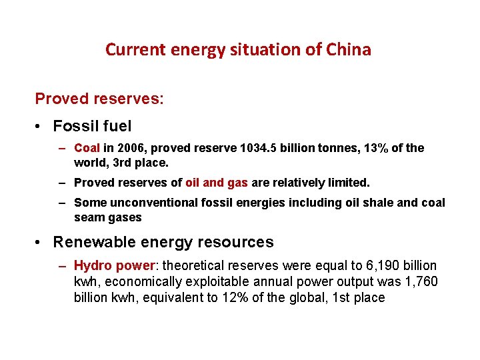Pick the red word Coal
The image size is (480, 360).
(87, 148)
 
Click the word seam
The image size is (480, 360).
(88, 217)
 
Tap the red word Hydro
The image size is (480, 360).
(93, 266)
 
